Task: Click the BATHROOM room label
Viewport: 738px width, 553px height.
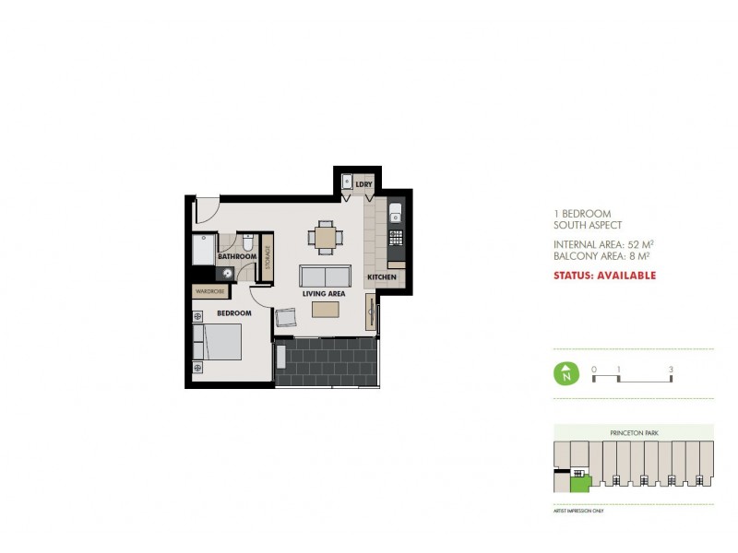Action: click(x=237, y=256)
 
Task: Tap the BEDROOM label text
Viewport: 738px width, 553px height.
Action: click(x=234, y=313)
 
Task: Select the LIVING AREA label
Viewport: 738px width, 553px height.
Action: click(x=324, y=294)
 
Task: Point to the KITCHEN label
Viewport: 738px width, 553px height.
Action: click(x=382, y=277)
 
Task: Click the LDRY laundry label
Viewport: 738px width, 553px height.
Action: click(x=363, y=184)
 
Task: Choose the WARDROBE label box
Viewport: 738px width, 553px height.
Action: click(x=210, y=291)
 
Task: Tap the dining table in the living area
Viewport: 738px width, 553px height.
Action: click(x=325, y=238)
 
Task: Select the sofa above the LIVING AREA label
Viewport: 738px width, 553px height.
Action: click(x=324, y=276)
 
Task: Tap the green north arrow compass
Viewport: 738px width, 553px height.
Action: click(x=564, y=374)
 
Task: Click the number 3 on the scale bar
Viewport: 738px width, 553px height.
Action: click(x=672, y=370)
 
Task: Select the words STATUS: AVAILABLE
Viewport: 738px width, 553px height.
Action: click(x=604, y=275)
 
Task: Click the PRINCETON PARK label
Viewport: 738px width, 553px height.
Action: click(x=632, y=432)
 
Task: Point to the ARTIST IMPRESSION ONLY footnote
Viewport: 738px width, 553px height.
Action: click(x=577, y=509)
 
